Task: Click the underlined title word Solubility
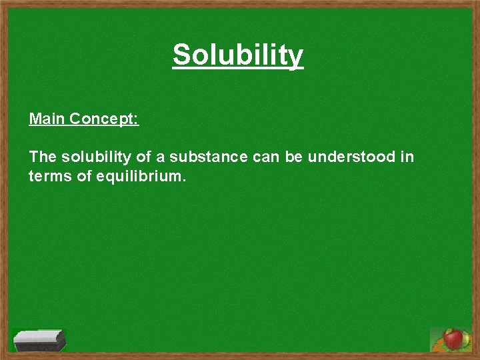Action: coord(238,56)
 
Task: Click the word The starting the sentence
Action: coord(43,157)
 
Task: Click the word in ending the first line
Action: coord(407,157)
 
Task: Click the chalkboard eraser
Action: coord(39,340)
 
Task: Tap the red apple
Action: coord(454,339)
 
